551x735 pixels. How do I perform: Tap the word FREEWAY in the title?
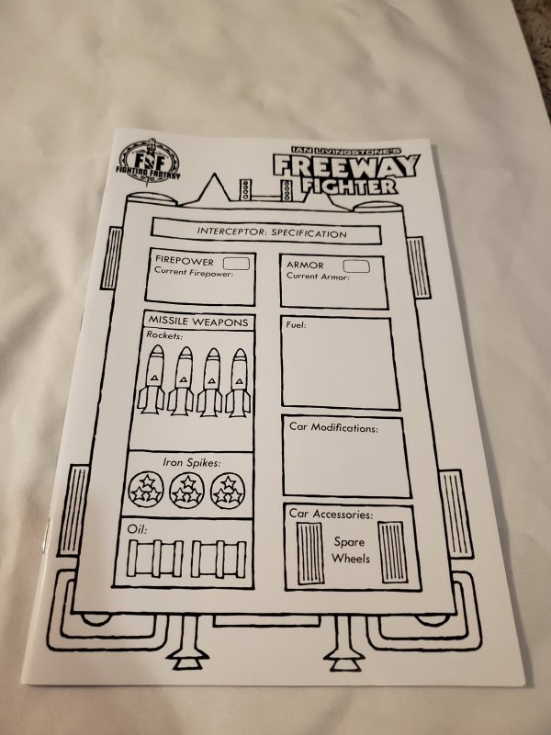pyautogui.click(x=345, y=166)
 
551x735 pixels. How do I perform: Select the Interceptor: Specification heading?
pyautogui.click(x=272, y=233)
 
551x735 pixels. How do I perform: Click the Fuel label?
pyautogui.click(x=297, y=325)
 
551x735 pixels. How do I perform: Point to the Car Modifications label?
pyautogui.click(x=332, y=427)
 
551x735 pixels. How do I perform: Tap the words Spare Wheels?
pyautogui.click(x=350, y=549)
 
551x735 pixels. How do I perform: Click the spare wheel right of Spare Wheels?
pyautogui.click(x=390, y=548)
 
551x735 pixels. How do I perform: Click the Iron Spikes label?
pyautogui.click(x=192, y=462)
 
